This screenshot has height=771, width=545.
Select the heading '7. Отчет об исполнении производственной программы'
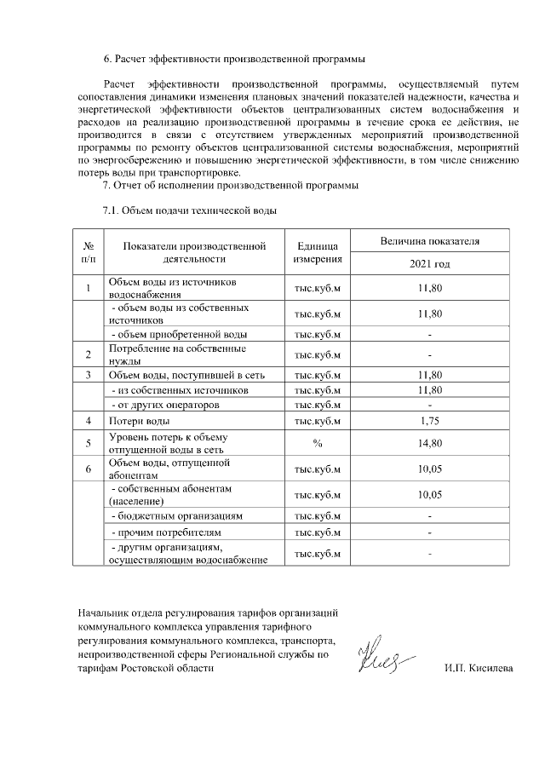point(230,185)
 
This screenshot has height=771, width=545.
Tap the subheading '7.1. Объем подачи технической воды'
point(190,209)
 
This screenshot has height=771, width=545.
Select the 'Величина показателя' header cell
point(430,241)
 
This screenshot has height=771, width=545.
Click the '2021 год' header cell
point(430,264)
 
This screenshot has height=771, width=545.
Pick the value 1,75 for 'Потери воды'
point(430,421)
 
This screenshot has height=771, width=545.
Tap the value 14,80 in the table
point(430,443)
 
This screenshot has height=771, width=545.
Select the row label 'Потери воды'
point(139,421)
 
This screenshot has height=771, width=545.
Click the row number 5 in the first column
point(89,443)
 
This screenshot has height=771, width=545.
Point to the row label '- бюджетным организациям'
point(178,515)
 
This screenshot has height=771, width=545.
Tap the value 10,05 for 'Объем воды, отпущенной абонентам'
point(430,469)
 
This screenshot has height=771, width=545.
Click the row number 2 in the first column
point(89,354)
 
